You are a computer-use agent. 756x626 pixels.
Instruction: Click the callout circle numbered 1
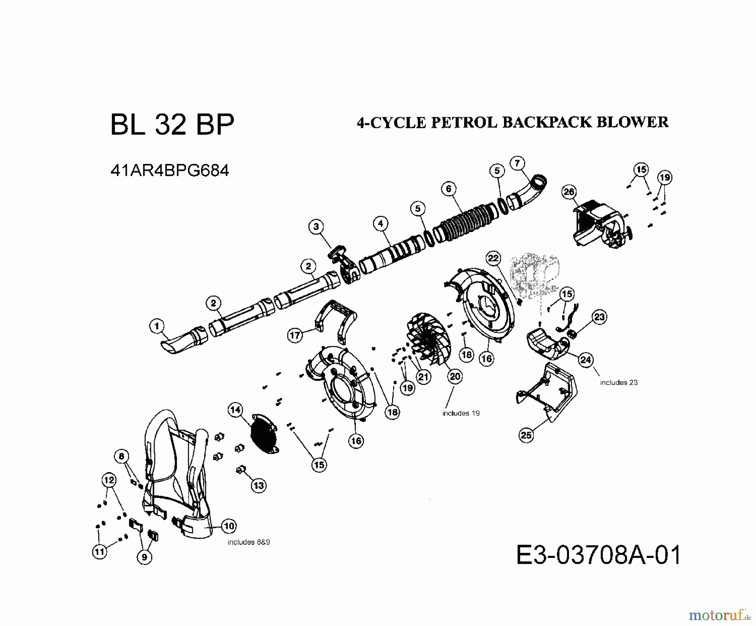(157, 326)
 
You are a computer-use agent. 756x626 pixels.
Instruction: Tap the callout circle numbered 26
(569, 192)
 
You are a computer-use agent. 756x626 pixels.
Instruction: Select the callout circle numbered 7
(517, 163)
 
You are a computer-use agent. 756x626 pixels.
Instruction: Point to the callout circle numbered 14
(235, 409)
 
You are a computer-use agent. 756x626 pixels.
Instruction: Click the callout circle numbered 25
(526, 435)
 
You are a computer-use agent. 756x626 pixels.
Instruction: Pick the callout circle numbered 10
(228, 526)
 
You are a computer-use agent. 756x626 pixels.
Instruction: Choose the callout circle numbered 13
(259, 486)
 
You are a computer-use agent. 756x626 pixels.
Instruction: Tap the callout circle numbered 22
(493, 258)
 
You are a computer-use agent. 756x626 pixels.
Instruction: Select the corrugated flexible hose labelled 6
(466, 223)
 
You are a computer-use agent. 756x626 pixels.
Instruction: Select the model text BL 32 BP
(172, 124)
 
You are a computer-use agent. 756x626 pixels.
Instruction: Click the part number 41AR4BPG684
(170, 170)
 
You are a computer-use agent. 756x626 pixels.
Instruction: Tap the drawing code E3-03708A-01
(598, 555)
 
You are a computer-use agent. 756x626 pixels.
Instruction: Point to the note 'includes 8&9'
(249, 542)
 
